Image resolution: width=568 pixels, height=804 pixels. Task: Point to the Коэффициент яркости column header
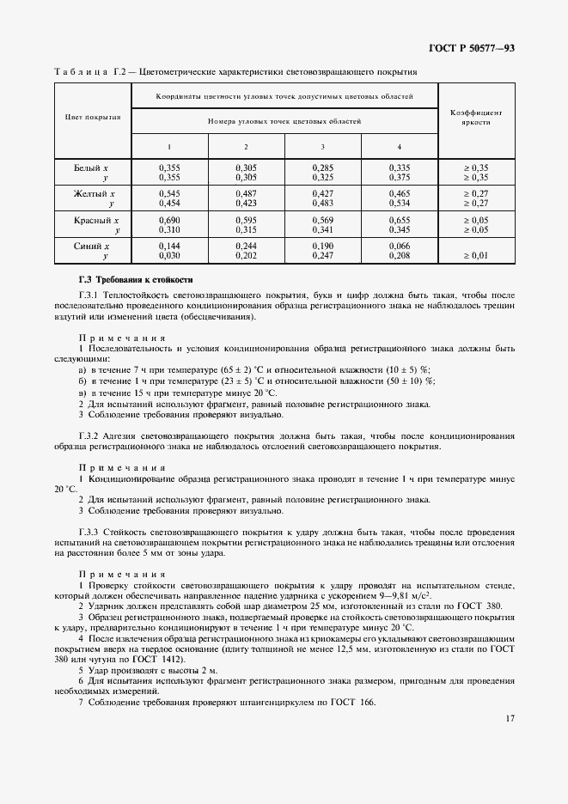pyautogui.click(x=476, y=118)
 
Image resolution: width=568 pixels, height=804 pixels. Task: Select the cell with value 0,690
pyautogui.click(x=169, y=221)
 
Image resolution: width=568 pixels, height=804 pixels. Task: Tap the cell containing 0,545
pyautogui.click(x=169, y=194)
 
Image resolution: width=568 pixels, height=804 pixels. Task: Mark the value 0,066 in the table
pyautogui.click(x=400, y=247)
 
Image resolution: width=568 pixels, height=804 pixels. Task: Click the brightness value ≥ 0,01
pyautogui.click(x=476, y=256)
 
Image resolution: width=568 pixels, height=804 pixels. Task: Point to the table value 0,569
pyautogui.click(x=323, y=221)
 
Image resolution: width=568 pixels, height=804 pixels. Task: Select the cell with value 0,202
pyautogui.click(x=246, y=256)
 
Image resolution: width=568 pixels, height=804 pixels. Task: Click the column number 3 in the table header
pyautogui.click(x=323, y=147)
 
